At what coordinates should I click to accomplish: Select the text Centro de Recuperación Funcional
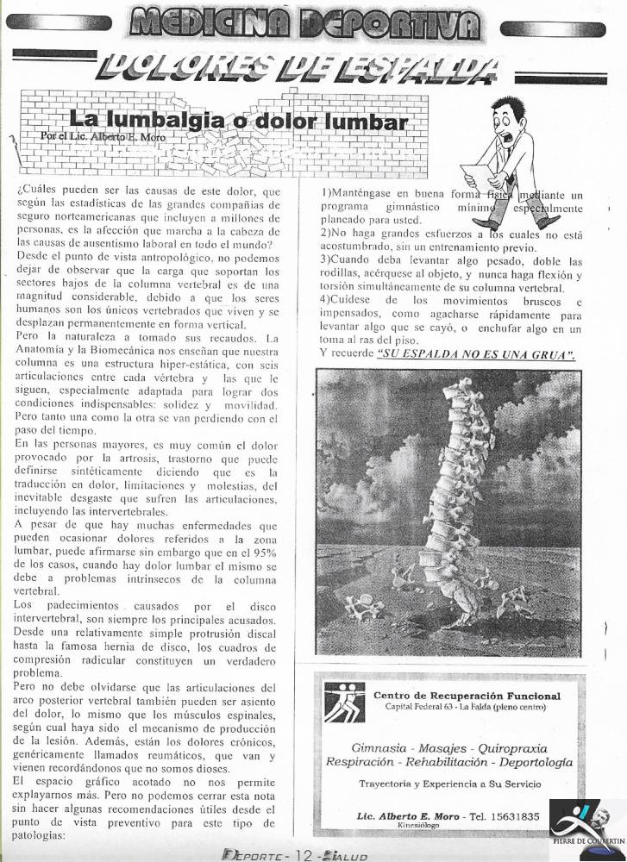(x=466, y=695)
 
